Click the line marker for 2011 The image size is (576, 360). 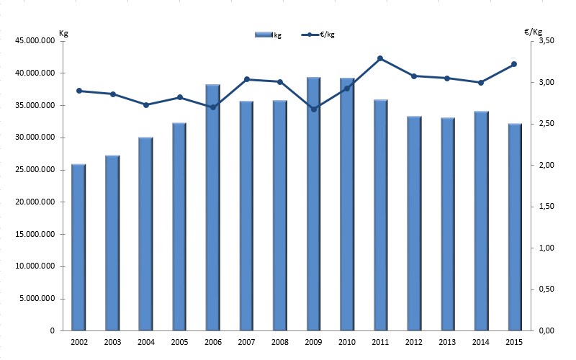coord(380,58)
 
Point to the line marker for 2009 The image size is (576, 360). coord(313,109)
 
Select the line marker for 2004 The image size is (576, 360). coord(145,105)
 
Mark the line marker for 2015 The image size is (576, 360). coord(514,64)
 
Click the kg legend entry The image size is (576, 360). coord(269,35)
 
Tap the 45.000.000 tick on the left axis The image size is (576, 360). coord(35,41)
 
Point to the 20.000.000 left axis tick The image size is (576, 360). coord(35,202)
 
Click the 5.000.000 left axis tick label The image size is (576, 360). coord(37,299)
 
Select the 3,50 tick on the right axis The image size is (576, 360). coord(545,41)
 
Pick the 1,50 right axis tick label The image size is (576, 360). coord(545,207)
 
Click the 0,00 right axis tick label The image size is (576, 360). coord(545,331)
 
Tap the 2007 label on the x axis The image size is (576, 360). coord(246,341)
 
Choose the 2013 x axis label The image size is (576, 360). coord(447,341)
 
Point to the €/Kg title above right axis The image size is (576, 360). coord(534,31)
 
